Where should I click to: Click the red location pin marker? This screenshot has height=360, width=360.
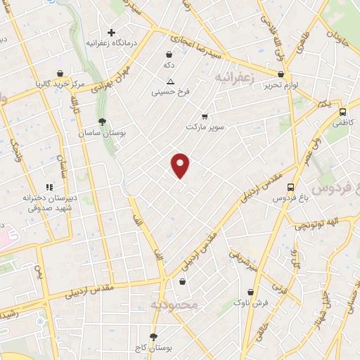click(x=181, y=165)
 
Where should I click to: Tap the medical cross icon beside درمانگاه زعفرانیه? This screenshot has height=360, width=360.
click(x=111, y=32)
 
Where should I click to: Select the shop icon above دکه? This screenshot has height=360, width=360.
click(x=169, y=53)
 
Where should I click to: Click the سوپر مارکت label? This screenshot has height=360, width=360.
click(x=204, y=127)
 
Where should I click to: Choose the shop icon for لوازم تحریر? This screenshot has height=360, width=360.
click(x=281, y=74)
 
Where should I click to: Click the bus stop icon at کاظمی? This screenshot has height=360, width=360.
click(x=342, y=112)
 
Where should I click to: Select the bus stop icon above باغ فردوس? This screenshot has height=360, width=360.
click(x=290, y=187)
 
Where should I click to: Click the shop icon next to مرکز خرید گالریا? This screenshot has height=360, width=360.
click(x=61, y=73)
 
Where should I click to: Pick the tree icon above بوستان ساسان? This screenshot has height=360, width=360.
click(x=102, y=122)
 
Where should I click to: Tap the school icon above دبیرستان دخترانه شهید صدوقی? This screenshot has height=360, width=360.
click(x=49, y=187)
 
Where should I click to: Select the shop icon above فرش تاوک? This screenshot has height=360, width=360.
click(x=251, y=292)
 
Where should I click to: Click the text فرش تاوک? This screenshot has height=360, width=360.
click(x=251, y=302)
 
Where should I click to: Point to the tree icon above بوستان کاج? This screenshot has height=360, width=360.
click(x=154, y=337)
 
